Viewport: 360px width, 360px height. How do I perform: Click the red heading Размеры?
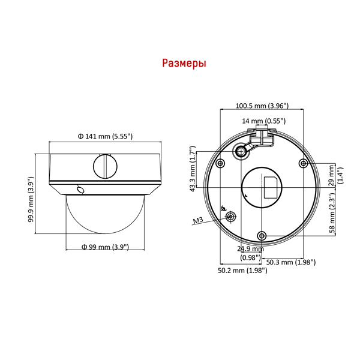click(x=184, y=63)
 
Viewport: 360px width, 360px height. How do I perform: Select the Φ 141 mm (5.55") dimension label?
click(x=105, y=136)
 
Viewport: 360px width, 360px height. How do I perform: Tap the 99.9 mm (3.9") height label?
click(x=31, y=199)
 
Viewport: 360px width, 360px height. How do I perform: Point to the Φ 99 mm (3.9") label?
click(x=105, y=247)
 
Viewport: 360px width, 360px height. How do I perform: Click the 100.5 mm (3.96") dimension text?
click(x=262, y=106)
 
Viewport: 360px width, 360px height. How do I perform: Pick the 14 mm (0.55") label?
click(x=264, y=121)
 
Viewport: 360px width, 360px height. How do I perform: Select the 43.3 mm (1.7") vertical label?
click(x=193, y=169)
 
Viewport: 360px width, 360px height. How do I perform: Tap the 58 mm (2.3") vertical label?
click(x=332, y=213)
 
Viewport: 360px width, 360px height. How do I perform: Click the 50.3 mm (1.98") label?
click(x=290, y=262)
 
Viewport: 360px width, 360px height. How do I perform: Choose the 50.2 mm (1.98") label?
click(x=242, y=270)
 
